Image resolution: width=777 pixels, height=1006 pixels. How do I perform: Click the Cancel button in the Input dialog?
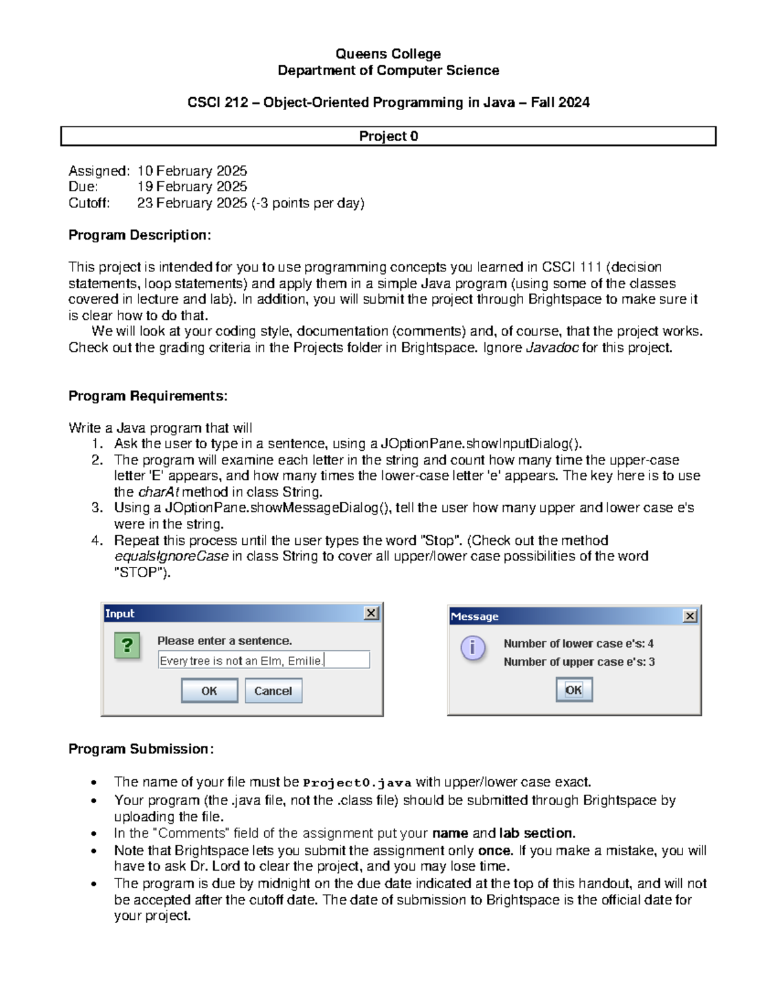[x=273, y=691]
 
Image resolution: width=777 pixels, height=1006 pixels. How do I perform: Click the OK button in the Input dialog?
[x=209, y=691]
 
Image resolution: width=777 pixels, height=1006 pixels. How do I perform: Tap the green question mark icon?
[x=127, y=645]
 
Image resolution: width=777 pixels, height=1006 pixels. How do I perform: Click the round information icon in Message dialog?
[x=473, y=647]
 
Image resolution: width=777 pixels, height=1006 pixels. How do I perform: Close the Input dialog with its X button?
[x=371, y=613]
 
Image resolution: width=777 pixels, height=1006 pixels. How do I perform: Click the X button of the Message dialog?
[x=690, y=616]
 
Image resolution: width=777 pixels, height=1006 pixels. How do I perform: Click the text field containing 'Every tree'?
[x=264, y=660]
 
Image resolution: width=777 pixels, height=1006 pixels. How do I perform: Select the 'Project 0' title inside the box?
[x=388, y=136]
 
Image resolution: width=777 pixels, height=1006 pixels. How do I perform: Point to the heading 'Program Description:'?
[x=140, y=235]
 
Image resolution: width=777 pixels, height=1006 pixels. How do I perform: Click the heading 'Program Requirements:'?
[x=148, y=396]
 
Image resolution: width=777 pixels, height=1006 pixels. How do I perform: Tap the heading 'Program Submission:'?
[x=141, y=749]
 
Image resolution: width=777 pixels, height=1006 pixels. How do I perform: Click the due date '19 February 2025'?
[x=192, y=187]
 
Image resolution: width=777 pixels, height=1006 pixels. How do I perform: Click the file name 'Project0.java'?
[x=357, y=783]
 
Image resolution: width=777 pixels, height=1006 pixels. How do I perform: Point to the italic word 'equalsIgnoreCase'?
[x=171, y=556]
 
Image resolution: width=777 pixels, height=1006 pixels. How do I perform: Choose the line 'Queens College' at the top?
[x=388, y=54]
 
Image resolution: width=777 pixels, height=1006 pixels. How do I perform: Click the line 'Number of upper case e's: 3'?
[x=579, y=662]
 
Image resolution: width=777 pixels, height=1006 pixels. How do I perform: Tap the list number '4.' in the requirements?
[x=97, y=540]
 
